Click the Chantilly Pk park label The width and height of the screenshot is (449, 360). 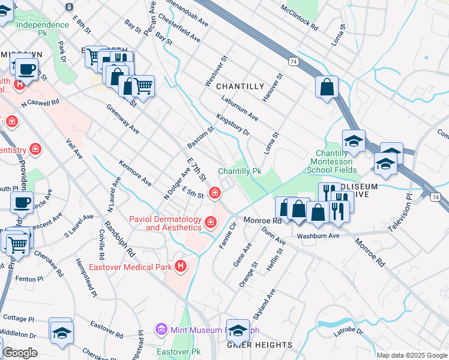[240, 172]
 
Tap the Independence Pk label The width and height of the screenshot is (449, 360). [43, 25]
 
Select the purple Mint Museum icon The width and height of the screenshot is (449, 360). [160, 329]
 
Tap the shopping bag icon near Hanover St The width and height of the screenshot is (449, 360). [326, 87]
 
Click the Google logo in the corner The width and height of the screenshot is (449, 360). [19, 353]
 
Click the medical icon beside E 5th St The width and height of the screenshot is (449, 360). [214, 193]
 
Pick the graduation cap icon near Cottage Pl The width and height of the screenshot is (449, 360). [62, 333]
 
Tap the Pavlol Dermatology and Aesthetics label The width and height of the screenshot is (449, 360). [165, 223]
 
